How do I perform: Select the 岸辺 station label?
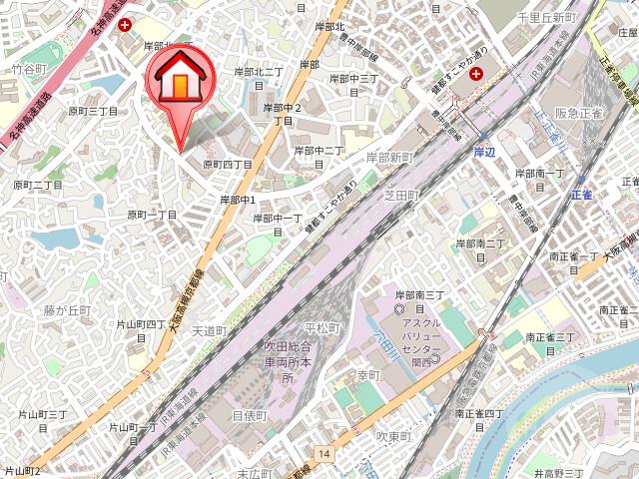[484, 152]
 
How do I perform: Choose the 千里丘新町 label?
[546, 18]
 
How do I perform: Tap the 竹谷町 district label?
[29, 69]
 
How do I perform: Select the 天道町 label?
[210, 329]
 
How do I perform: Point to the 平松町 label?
[321, 327]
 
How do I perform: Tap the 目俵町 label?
[250, 414]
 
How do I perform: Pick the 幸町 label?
[368, 375]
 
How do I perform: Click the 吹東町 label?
[394, 437]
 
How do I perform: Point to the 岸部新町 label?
[389, 158]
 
